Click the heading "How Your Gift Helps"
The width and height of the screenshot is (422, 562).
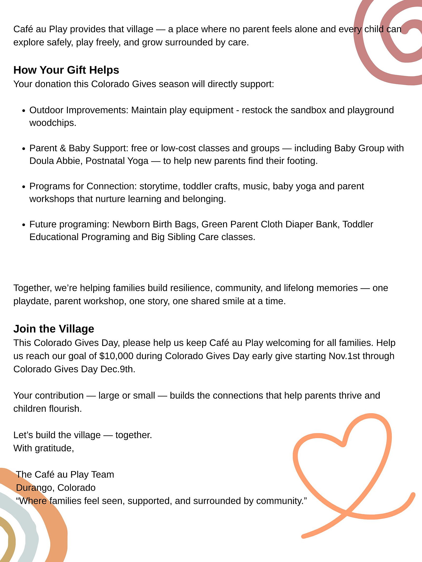(66, 70)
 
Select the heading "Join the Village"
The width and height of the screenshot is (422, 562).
(54, 329)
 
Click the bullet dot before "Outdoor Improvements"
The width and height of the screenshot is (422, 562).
(24, 111)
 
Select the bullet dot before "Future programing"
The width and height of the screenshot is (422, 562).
(24, 225)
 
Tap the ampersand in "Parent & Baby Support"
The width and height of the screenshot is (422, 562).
(63, 148)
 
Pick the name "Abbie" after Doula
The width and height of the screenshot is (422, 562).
(69, 161)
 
